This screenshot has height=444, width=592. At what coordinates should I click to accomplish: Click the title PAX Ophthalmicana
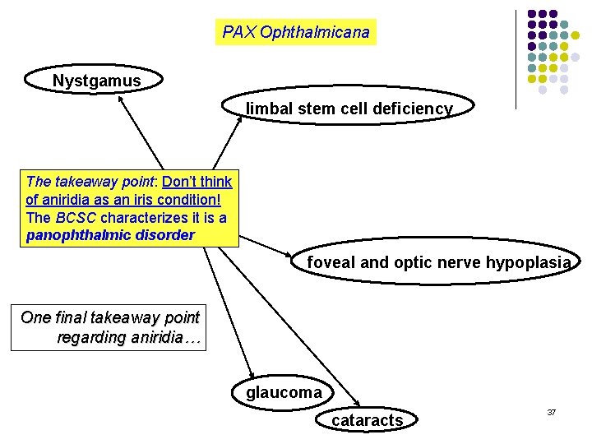(296, 32)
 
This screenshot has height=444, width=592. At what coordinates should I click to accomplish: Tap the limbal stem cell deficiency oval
(349, 109)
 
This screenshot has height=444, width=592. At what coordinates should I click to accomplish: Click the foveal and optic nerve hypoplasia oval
(437, 262)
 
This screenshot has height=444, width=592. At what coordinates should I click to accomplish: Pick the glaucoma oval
(284, 392)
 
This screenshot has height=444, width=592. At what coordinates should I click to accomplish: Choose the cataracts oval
(367, 420)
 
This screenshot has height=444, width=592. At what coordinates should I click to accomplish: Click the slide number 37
(552, 411)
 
